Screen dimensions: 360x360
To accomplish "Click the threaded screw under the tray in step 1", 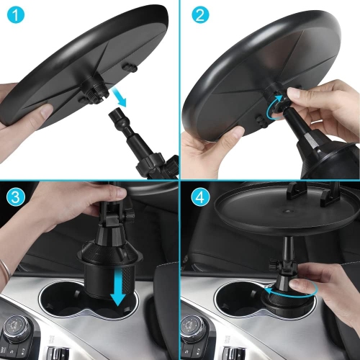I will [x=93, y=89].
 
